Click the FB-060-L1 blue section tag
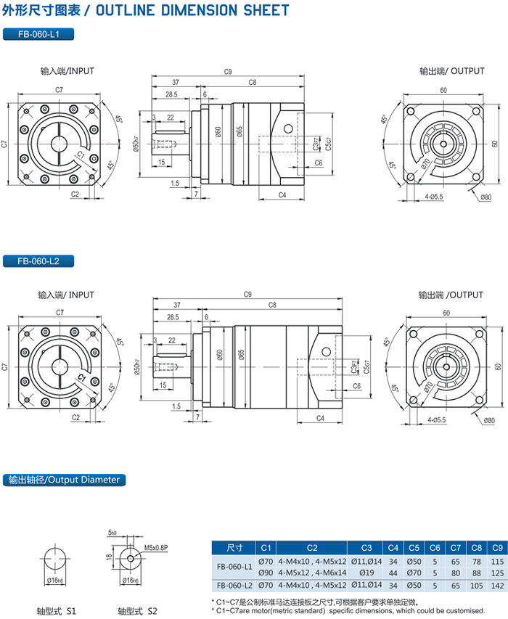point(38,33)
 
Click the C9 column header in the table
point(497,547)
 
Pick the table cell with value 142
point(497,585)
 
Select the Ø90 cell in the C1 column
point(266,573)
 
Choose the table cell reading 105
point(476,585)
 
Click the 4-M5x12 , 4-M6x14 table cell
point(312,573)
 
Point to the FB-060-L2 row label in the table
point(234,585)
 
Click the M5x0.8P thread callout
point(156,547)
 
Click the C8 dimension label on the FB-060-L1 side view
point(253,83)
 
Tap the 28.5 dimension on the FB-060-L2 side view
point(172,318)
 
